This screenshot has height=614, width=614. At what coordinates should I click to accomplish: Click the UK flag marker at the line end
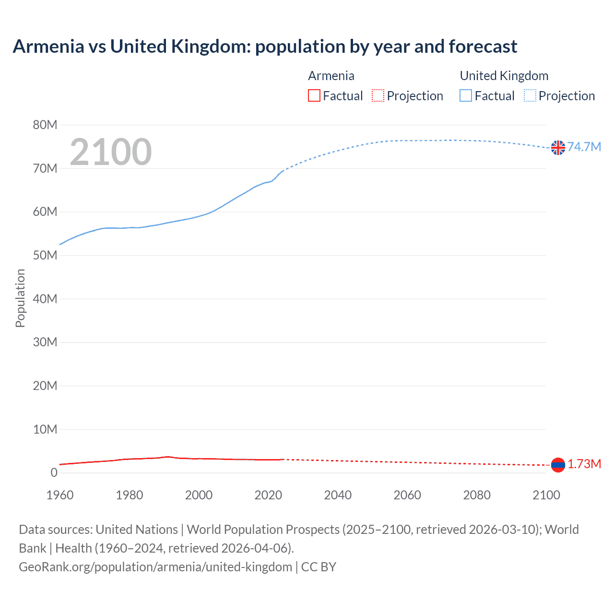pos(558,148)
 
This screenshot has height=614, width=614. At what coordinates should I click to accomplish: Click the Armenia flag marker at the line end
pos(558,465)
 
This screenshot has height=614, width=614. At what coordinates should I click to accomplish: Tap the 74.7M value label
pos(584,147)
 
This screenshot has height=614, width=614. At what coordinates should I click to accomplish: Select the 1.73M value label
pos(584,464)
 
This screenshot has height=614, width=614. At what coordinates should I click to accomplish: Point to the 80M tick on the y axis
pos(45,125)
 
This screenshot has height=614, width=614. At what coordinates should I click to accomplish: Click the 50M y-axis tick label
pos(45,255)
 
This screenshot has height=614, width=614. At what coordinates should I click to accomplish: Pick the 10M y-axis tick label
pos(45,429)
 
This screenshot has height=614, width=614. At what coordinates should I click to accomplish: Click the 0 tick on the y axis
pos(54,472)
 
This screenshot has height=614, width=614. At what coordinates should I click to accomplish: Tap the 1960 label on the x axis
pos(60,495)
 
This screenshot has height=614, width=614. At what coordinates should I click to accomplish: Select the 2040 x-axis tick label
pos(338,495)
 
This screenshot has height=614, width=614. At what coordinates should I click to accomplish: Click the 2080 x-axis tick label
pos(477,495)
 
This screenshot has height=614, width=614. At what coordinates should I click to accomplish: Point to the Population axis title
pos(20,298)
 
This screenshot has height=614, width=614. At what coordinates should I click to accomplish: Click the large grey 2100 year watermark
pos(111,152)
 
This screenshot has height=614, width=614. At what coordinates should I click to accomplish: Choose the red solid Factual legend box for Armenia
pos(314,96)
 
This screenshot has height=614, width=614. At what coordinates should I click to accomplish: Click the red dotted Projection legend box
pos(378,96)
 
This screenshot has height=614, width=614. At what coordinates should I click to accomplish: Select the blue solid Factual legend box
pos(466,96)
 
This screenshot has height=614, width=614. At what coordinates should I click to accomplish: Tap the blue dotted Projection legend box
pos(530,96)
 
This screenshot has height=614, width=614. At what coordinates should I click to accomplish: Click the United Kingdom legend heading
pos(504,76)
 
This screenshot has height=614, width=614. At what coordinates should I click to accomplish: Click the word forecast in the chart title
pos(483,47)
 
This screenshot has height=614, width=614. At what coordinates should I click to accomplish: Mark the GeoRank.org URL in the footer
pos(155,567)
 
